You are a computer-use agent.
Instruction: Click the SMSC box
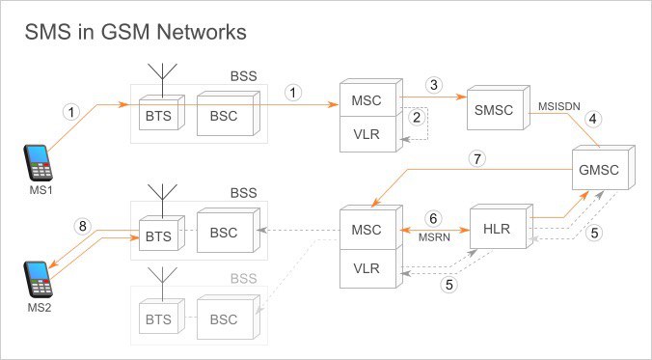point(498,108)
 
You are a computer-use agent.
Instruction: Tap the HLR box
point(502,226)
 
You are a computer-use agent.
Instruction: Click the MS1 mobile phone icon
point(39,163)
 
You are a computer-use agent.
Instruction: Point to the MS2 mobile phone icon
point(39,279)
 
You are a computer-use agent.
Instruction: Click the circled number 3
point(434,85)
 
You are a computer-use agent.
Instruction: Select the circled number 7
point(476,159)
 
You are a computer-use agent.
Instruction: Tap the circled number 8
point(82,227)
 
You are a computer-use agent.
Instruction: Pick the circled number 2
point(417,118)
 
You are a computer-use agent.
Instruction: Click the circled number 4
point(592,119)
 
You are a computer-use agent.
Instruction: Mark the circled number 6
point(434,218)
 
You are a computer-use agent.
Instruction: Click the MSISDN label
point(558,106)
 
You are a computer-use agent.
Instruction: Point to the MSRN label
point(434,238)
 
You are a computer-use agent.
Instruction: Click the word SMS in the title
point(48,32)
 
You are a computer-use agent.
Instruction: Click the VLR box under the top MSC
point(369,134)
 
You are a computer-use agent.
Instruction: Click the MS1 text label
point(40,191)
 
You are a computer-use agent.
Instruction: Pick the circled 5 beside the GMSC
point(594,233)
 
